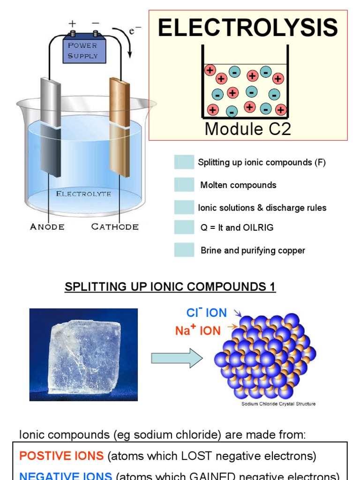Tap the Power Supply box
[84, 51]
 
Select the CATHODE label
[115, 227]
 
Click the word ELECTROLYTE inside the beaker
[83, 194]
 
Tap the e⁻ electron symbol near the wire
[135, 31]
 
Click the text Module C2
[247, 129]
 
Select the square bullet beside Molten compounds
[184, 185]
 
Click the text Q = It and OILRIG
[237, 228]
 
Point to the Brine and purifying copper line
[253, 250]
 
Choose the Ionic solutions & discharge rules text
[262, 208]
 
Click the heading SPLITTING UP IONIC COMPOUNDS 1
[170, 287]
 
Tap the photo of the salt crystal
[83, 354]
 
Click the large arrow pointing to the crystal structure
[176, 359]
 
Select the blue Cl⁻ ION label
[206, 313]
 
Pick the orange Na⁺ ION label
[198, 330]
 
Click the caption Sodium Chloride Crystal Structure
[278, 404]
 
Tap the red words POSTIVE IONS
[61, 455]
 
